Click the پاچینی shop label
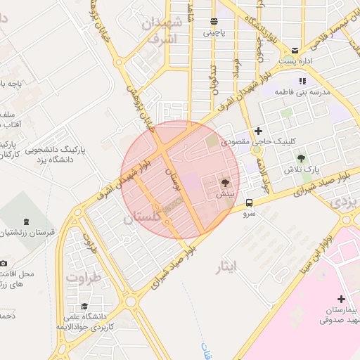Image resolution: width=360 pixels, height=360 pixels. click(x=214, y=32)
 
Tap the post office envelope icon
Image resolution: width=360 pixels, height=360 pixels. click(x=295, y=50)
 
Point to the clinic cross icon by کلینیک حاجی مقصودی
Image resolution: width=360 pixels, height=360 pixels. click(x=258, y=131)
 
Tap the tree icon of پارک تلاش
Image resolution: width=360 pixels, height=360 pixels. click(x=302, y=159)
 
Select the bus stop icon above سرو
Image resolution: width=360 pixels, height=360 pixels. click(x=249, y=202)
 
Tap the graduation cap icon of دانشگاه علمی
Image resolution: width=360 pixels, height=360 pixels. click(x=84, y=306)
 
